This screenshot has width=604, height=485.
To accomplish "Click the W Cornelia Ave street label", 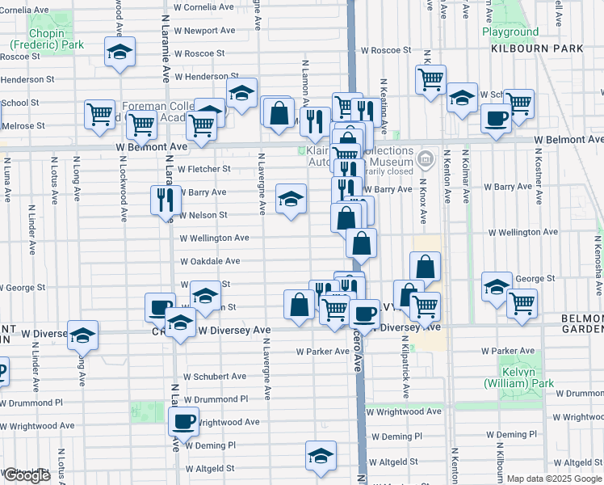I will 204,6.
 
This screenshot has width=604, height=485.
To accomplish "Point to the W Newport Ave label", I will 204,31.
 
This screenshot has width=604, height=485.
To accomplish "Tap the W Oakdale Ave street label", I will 210,262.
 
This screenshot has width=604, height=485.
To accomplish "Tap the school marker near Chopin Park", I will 120,53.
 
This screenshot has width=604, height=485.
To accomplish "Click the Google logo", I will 27,475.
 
